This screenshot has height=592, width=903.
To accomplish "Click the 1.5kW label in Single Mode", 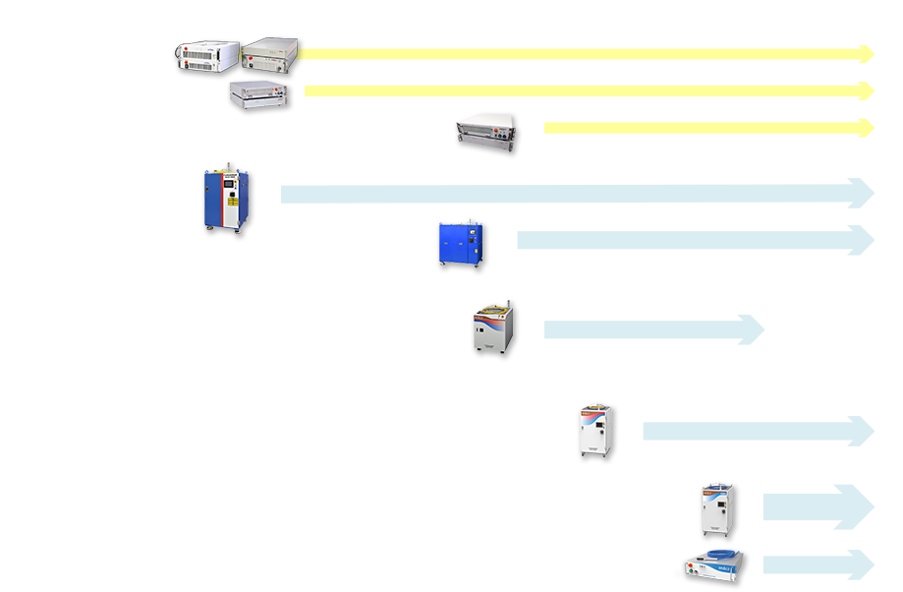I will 567,115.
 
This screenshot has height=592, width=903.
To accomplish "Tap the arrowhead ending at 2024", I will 755,329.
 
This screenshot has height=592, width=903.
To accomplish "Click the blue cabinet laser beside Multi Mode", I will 226,200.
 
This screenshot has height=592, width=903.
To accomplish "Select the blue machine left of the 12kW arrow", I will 462,245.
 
